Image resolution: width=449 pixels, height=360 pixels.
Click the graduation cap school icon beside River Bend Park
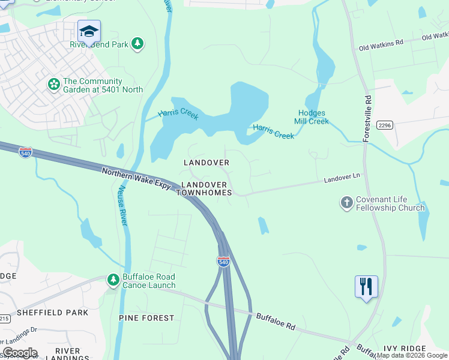click(x=89, y=31)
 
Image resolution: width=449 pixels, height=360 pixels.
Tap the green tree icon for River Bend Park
click(x=138, y=43)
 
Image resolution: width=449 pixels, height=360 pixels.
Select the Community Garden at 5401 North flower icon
click(x=54, y=85)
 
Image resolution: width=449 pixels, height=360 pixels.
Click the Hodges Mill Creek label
click(x=311, y=117)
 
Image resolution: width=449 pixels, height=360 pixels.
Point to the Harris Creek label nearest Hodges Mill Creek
click(x=274, y=131)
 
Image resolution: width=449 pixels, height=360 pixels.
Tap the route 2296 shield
click(x=384, y=125)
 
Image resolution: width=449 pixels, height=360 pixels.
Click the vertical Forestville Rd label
click(x=367, y=118)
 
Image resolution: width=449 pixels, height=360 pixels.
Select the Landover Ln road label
click(x=342, y=179)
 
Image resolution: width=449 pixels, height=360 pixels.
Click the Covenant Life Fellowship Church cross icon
click(x=346, y=203)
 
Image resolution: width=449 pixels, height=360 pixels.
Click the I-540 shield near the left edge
click(x=25, y=152)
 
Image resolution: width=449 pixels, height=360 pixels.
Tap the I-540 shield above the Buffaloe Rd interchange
click(x=223, y=260)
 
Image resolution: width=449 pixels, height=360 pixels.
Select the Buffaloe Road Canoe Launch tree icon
click(x=113, y=280)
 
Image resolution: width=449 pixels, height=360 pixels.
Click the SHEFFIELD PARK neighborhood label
click(x=53, y=313)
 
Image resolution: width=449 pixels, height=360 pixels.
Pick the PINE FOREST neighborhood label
click(x=146, y=317)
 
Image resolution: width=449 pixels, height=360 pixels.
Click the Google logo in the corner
click(x=19, y=353)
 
